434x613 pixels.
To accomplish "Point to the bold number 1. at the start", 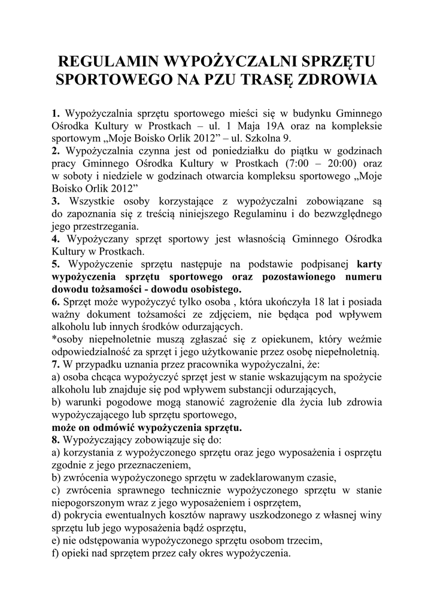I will [x=56, y=113].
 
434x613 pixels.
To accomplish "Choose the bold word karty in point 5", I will [x=369, y=264].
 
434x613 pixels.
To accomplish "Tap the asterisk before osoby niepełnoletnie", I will [x=54, y=339].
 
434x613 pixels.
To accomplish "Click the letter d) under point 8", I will [x=56, y=515].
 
